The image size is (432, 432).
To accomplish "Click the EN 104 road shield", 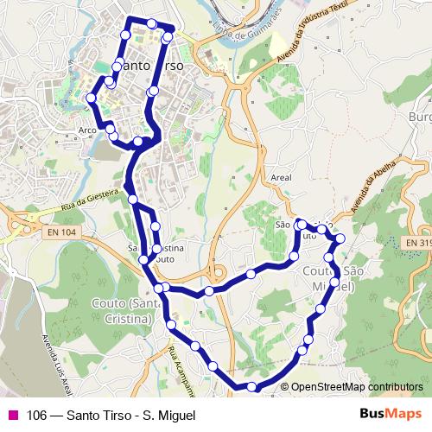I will click(63, 232).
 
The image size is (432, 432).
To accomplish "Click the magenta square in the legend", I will click(11, 415).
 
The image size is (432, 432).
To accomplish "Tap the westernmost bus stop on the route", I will click(92, 98).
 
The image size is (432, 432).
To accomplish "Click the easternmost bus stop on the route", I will click(340, 238).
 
